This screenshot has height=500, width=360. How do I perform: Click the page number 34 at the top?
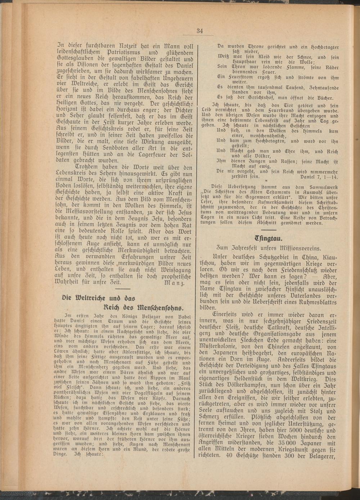pos(200,31)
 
